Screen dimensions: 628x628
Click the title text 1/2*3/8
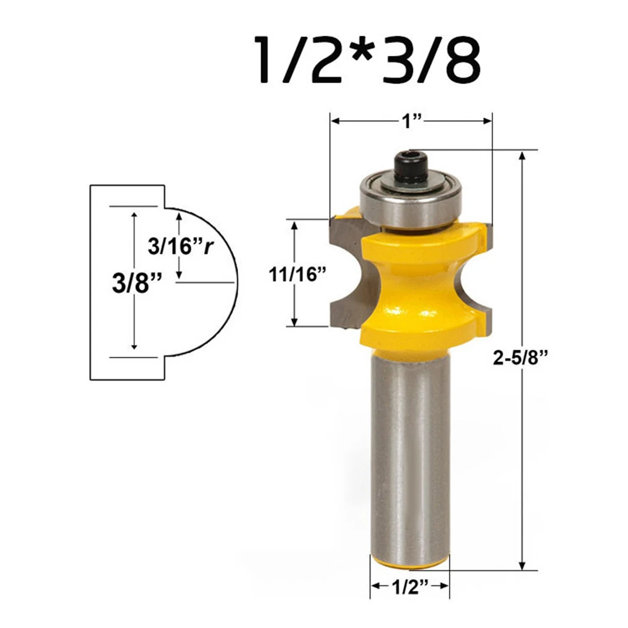[367, 60]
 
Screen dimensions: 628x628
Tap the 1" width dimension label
[412, 121]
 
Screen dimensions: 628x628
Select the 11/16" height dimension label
[298, 275]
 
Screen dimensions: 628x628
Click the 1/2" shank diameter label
[409, 587]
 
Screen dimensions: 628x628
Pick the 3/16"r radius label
[180, 246]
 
